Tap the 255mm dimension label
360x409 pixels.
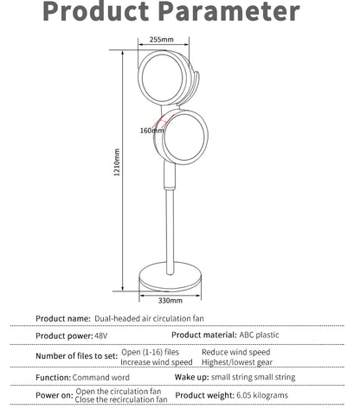(x=161, y=39)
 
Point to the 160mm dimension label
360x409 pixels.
(x=148, y=130)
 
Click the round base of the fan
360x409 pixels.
(x=171, y=280)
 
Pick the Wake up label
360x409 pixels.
(x=193, y=378)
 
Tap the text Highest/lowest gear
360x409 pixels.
(x=235, y=361)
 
